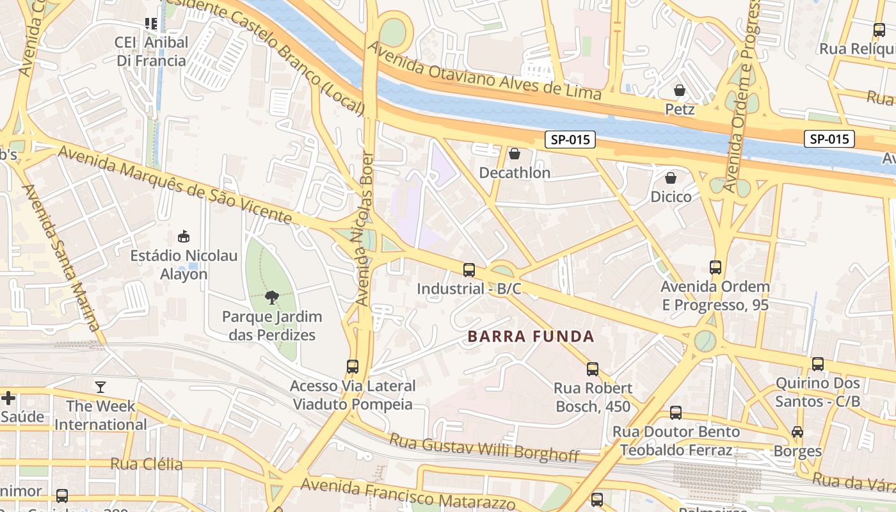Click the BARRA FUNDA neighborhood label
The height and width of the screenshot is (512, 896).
pyautogui.click(x=531, y=337)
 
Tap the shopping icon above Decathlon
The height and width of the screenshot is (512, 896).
pyautogui.click(x=514, y=154)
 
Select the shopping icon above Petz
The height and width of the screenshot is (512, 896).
pyautogui.click(x=679, y=90)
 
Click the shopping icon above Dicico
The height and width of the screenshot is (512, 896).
pyautogui.click(x=670, y=177)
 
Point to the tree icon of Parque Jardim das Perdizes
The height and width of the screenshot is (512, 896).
pyautogui.click(x=272, y=297)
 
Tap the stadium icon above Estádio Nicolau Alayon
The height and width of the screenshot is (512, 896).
pyautogui.click(x=184, y=236)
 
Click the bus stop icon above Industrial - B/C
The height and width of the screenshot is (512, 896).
pyautogui.click(x=469, y=269)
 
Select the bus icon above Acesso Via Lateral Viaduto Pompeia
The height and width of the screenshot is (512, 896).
pyautogui.click(x=353, y=367)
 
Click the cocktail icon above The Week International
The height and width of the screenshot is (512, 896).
pyautogui.click(x=100, y=387)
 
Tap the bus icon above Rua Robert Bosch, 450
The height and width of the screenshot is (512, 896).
pyautogui.click(x=593, y=369)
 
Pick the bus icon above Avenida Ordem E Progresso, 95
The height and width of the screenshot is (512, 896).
pyautogui.click(x=715, y=267)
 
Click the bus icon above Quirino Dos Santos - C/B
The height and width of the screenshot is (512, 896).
pyautogui.click(x=817, y=364)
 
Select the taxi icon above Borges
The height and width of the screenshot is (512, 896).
pyautogui.click(x=797, y=432)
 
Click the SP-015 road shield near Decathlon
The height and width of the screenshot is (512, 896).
pyautogui.click(x=570, y=140)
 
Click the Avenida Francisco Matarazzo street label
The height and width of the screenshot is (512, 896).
pyautogui.click(x=407, y=493)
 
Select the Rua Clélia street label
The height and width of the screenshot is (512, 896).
pyautogui.click(x=147, y=464)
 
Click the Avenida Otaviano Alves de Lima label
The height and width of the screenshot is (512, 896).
pyautogui.click(x=484, y=72)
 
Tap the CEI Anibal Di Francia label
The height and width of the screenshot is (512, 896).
pyautogui.click(x=152, y=52)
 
